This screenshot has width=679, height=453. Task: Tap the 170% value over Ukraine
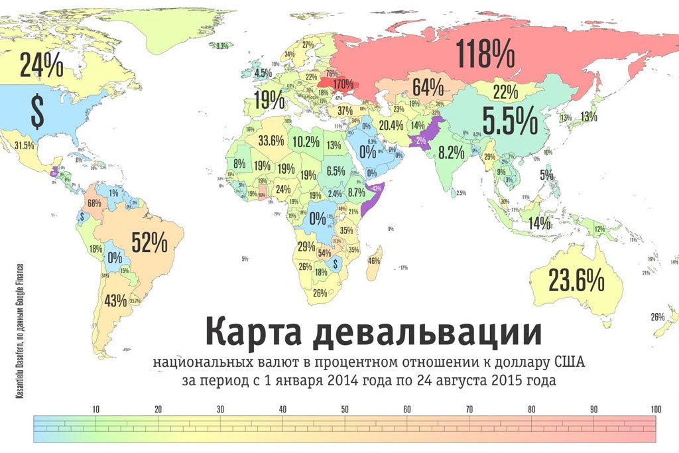click(x=343, y=84)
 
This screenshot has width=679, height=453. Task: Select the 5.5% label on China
click(x=509, y=120)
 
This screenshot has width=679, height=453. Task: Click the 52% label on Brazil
click(x=149, y=242)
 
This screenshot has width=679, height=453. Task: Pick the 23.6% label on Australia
click(x=577, y=280)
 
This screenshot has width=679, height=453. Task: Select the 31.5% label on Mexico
click(x=25, y=145)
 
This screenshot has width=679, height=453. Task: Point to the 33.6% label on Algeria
click(x=271, y=141)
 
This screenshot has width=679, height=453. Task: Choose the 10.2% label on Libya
click(x=306, y=141)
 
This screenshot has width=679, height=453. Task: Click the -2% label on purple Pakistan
click(x=419, y=141)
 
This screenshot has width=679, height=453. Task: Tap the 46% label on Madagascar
click(x=374, y=260)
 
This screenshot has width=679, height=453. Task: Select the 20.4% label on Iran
click(x=391, y=125)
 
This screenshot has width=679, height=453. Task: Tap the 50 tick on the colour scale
click(x=345, y=410)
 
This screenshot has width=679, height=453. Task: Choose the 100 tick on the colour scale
click(x=656, y=410)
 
